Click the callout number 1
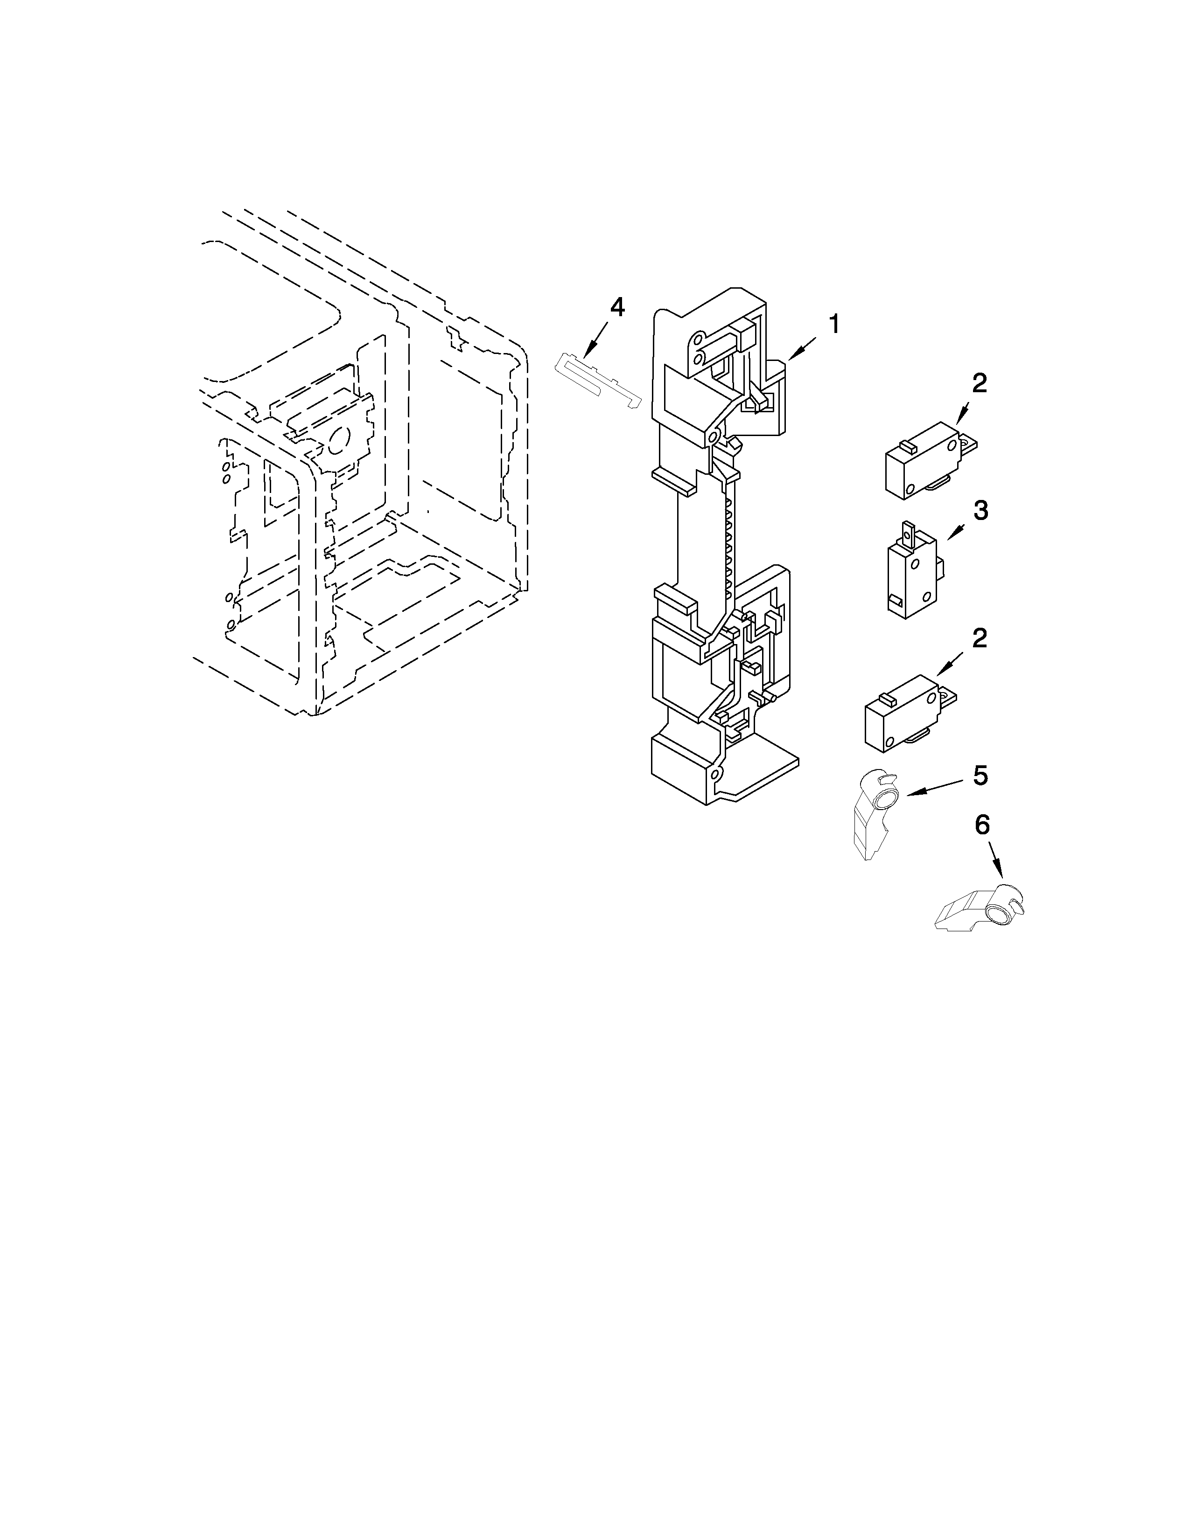[x=833, y=325]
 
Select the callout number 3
[x=980, y=510]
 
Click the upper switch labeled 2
[x=924, y=460]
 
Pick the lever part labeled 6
[x=980, y=909]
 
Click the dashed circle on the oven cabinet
[x=338, y=440]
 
